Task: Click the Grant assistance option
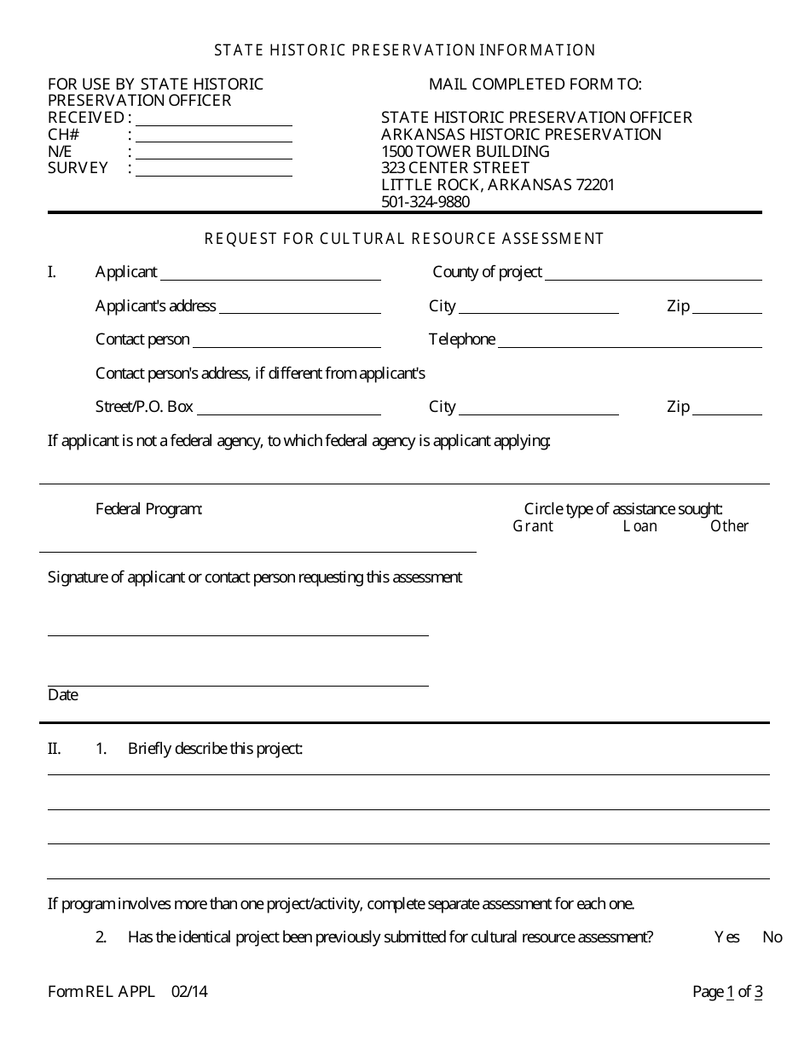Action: point(533,526)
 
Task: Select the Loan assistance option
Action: point(640,526)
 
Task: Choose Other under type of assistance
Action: point(730,526)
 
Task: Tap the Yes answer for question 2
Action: point(727,937)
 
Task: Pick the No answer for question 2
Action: point(772,937)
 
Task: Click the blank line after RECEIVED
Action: point(214,119)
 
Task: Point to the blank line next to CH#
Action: point(214,136)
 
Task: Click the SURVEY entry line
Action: point(214,170)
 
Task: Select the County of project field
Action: point(653,274)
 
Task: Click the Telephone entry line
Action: point(629,341)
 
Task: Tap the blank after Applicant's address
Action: point(300,308)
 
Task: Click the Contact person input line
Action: point(286,341)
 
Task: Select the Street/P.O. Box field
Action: point(290,409)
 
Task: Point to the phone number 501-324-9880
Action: point(425,202)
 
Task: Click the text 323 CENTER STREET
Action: point(455,168)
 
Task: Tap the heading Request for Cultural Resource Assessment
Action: point(404,239)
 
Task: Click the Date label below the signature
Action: point(63,695)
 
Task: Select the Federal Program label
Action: point(149,509)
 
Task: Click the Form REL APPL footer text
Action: point(101,991)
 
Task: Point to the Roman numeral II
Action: point(55,749)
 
